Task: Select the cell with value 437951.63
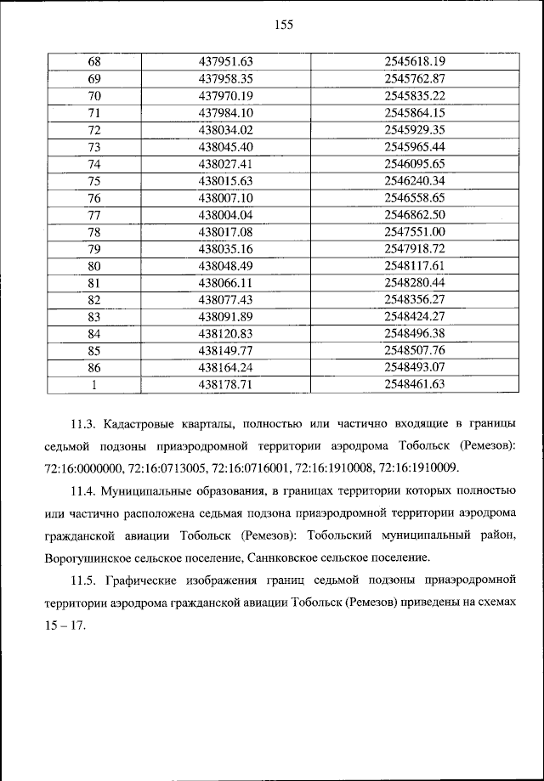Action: coord(226,61)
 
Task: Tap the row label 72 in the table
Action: coord(94,130)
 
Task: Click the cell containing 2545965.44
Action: coord(415,147)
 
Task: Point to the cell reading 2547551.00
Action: coord(415,232)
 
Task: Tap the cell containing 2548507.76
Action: coord(415,349)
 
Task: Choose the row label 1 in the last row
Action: coord(94,383)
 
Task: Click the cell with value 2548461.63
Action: coord(415,383)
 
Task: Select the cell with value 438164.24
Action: coord(226,366)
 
